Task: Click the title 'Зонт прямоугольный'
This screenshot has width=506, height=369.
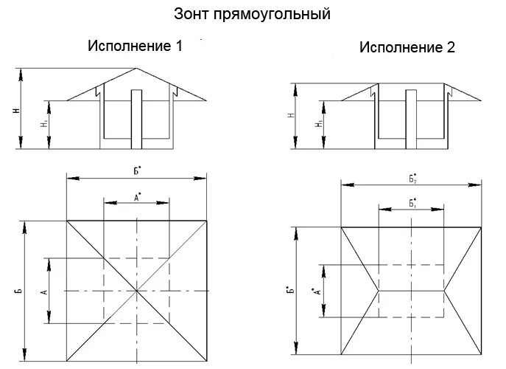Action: tap(252, 13)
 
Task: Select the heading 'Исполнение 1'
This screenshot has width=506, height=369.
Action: tap(135, 46)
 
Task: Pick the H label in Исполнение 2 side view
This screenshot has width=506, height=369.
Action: tap(292, 116)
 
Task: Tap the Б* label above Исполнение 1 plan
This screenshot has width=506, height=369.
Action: tap(137, 170)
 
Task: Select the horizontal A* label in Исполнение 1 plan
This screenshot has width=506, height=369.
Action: tap(137, 196)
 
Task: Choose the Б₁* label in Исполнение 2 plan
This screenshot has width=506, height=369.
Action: tap(412, 203)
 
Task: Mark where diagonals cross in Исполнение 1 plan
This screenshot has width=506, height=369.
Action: tap(137, 290)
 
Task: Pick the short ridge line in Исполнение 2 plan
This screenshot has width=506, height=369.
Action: tap(412, 291)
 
